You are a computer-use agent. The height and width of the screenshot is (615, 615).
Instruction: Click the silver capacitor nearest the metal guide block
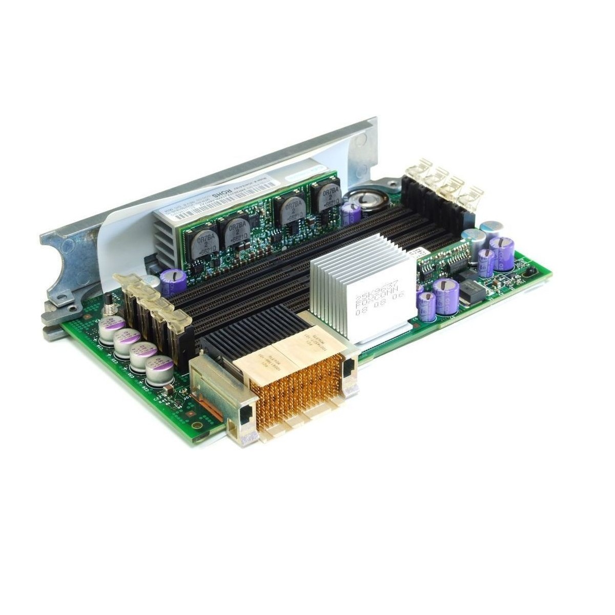(159, 371)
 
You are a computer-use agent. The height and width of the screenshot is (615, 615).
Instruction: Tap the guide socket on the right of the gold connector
(350, 372)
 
